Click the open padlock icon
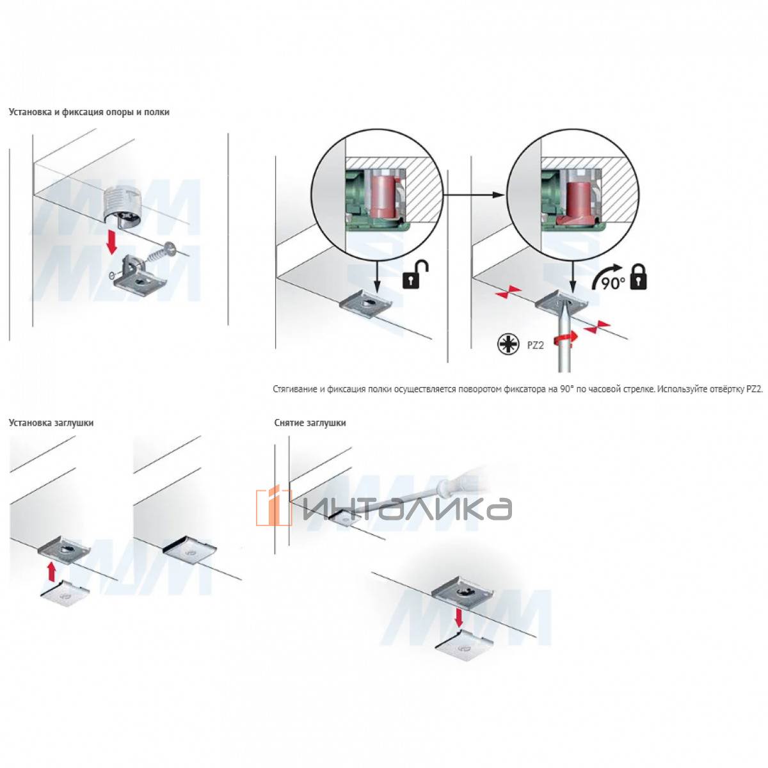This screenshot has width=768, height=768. point(416,275)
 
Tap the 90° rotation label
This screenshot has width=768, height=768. point(612,284)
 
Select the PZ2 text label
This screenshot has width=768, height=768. point(536,345)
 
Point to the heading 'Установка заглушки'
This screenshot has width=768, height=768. point(51,423)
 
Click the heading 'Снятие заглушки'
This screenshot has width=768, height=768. point(310,423)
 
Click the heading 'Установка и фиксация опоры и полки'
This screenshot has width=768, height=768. point(89,112)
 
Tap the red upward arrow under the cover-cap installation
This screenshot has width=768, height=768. point(51,570)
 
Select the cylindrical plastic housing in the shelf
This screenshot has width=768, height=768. point(123,209)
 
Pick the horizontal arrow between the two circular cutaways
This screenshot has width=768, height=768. point(474,195)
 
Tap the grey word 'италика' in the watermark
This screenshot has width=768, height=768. point(407,509)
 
